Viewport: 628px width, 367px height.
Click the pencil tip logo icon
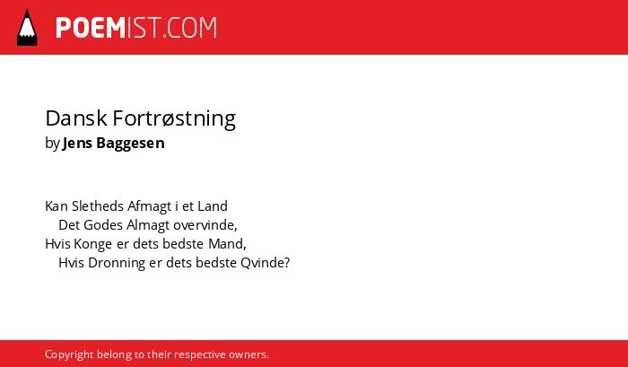click(27, 27)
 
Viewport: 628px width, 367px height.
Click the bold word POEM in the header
click(91, 28)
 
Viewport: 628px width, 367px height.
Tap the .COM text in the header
click(190, 28)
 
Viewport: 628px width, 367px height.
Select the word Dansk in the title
click(76, 118)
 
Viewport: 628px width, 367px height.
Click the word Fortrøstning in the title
click(174, 119)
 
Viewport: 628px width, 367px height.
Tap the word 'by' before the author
click(52, 144)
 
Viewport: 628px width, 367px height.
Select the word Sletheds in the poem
click(98, 206)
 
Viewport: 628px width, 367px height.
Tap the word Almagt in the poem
click(148, 225)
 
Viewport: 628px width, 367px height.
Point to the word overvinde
click(205, 225)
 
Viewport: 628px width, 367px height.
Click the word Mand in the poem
click(227, 244)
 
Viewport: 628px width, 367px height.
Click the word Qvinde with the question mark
click(266, 263)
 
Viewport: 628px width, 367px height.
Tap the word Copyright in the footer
click(69, 354)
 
